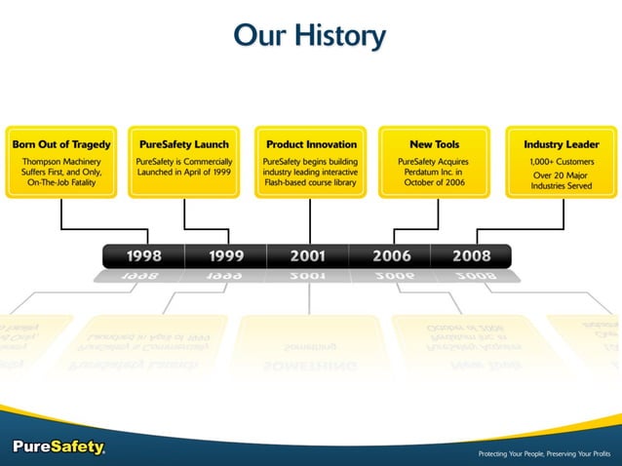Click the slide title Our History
(x=310, y=36)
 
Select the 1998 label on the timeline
(x=143, y=256)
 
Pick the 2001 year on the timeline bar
(x=308, y=256)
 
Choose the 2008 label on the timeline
(x=471, y=256)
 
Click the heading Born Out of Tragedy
(x=61, y=144)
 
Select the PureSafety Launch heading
(x=184, y=144)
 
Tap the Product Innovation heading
(x=311, y=144)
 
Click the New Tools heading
(x=434, y=144)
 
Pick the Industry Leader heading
(x=561, y=144)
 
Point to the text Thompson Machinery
(x=61, y=160)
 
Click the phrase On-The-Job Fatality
(x=61, y=183)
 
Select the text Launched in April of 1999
(x=184, y=172)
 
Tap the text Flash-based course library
(x=311, y=183)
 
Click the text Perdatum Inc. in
(x=434, y=172)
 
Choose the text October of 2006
(x=434, y=183)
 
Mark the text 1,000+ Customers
(x=561, y=160)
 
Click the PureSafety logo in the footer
(x=58, y=447)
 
